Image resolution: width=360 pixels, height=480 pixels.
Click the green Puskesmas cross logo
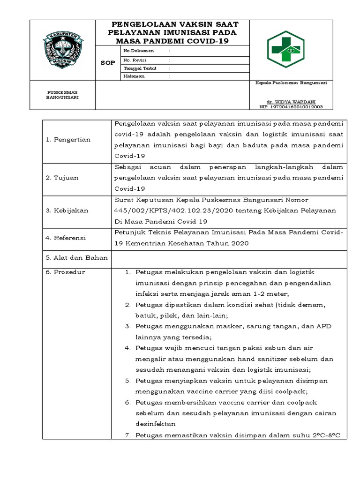[285, 49]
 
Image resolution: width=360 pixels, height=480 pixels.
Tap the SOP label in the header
[107, 63]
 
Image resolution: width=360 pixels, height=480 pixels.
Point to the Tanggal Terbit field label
[136, 68]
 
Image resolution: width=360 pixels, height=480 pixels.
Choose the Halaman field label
[134, 76]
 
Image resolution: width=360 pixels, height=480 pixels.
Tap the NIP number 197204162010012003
[291, 107]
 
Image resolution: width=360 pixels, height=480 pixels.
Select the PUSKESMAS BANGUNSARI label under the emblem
[62, 95]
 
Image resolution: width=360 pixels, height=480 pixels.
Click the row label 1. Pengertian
[68, 140]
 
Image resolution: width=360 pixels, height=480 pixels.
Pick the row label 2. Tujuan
[62, 178]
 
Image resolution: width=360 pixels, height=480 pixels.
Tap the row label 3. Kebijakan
[67, 210]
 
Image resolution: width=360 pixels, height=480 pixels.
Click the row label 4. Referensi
[66, 238]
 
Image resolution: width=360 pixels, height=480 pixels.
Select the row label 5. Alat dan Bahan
[76, 257]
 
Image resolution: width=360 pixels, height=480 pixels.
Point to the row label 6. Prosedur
[65, 272]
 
